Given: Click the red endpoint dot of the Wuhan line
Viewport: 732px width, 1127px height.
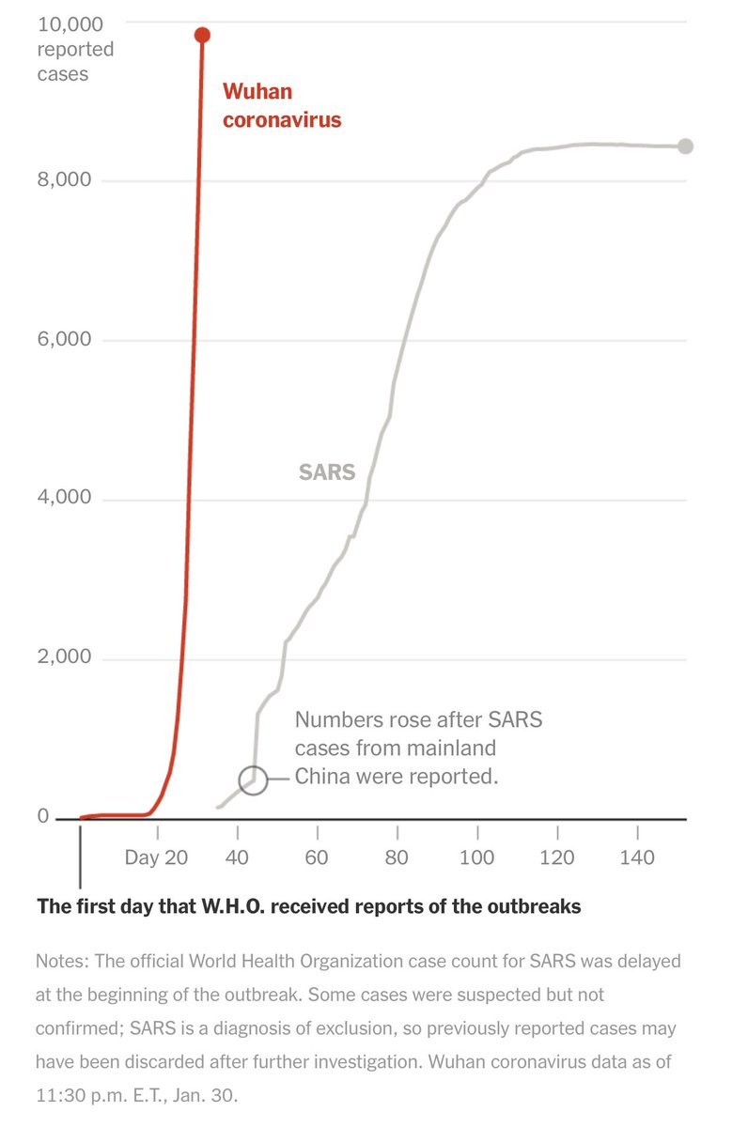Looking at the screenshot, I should click(x=202, y=35).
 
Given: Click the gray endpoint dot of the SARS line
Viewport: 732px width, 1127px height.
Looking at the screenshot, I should click(x=685, y=146).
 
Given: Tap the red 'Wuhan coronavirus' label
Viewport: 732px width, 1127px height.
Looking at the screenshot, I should click(x=282, y=106).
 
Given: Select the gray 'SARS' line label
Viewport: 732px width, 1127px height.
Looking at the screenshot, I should click(x=327, y=471).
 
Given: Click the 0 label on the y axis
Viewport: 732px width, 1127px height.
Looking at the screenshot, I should click(x=43, y=816).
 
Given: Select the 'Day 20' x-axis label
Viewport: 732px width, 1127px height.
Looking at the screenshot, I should click(x=156, y=857).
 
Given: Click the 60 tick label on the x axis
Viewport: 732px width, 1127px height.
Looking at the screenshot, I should click(x=318, y=857).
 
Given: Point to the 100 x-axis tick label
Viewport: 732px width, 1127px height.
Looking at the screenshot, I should click(x=477, y=857).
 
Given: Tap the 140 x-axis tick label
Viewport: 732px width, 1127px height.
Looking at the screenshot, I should click(x=637, y=857).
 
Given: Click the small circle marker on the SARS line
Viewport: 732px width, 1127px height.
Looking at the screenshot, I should click(x=253, y=780).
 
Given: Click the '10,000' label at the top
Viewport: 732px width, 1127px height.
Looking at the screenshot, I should click(x=70, y=23).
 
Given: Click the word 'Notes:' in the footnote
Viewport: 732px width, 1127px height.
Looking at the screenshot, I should click(x=64, y=962).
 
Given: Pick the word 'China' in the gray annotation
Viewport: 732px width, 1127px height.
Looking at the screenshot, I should click(x=322, y=777).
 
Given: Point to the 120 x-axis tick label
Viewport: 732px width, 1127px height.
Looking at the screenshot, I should click(x=557, y=857).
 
